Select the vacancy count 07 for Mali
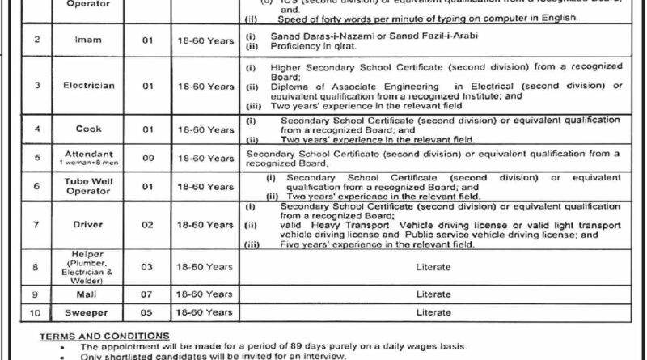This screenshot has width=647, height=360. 148,294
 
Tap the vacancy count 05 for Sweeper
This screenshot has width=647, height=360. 148,312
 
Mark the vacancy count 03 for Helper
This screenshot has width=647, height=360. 148,265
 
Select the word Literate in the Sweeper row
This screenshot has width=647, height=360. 433,312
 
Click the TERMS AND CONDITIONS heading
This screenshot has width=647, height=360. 104,336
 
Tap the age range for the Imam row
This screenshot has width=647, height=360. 207,39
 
